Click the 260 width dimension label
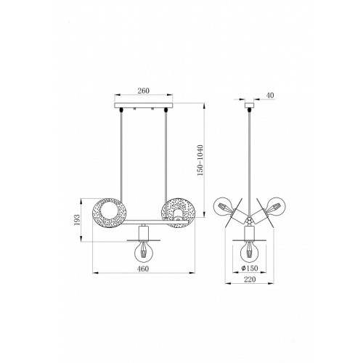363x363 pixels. click(144, 91)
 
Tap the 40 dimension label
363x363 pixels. click(270, 95)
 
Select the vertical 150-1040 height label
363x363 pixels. click(200, 160)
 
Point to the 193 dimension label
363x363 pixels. click(77, 220)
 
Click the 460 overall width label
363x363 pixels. click(143, 269)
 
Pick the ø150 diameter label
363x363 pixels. click(250, 268)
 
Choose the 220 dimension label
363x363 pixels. click(250, 280)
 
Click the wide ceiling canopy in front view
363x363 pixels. click(144, 105)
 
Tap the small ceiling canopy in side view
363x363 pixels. click(249, 105)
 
